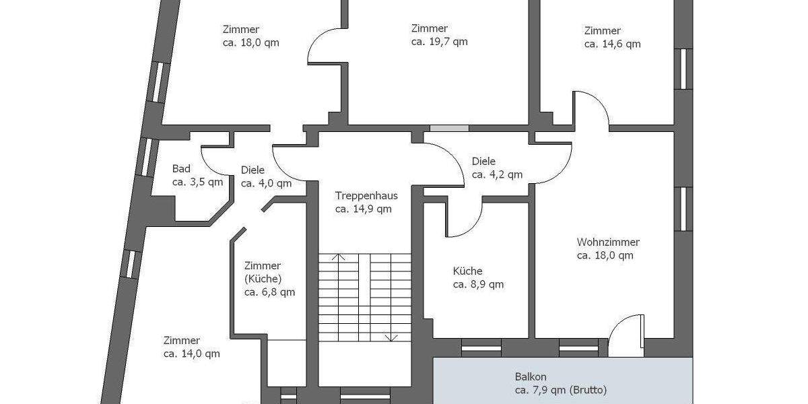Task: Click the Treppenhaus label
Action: tap(366, 196)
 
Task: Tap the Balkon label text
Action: tap(529, 377)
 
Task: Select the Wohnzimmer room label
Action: tap(608, 242)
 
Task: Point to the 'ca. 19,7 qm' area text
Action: tap(439, 42)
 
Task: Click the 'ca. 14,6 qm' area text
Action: tap(612, 44)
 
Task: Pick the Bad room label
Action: tap(181, 169)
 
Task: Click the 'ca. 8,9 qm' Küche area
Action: tap(478, 285)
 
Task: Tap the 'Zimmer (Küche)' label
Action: tap(263, 272)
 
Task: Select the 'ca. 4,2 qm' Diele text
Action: tap(497, 175)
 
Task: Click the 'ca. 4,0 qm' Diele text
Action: tap(266, 183)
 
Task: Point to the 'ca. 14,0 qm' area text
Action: tap(191, 353)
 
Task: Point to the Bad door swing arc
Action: tap(214, 164)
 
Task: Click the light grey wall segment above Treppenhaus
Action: tap(449, 128)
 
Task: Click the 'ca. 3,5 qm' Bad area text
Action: tap(197, 182)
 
